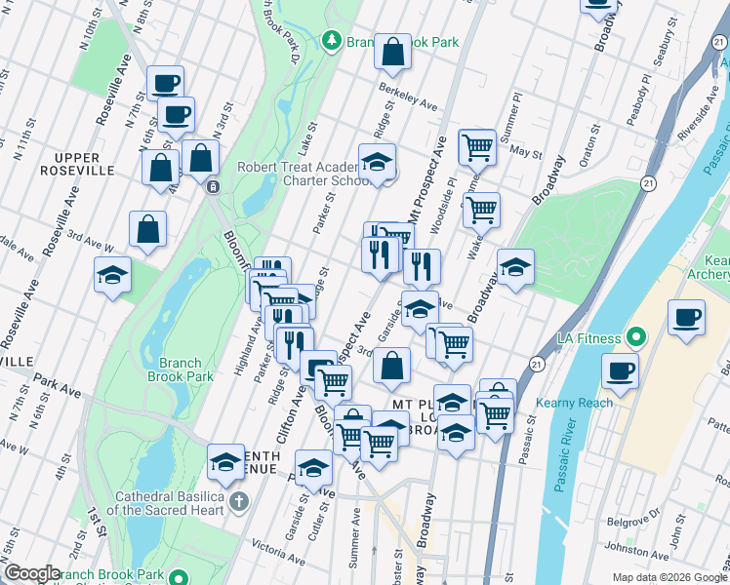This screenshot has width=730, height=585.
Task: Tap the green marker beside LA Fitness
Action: point(636,338)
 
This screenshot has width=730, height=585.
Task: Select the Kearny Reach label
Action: point(575,403)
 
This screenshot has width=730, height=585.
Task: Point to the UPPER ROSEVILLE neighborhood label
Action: point(84,164)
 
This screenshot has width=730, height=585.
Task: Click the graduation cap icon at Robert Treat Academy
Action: point(377,165)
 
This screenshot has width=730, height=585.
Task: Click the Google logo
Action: point(31,573)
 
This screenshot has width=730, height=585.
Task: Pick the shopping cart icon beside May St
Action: point(477,148)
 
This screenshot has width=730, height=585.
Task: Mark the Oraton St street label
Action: point(588,160)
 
